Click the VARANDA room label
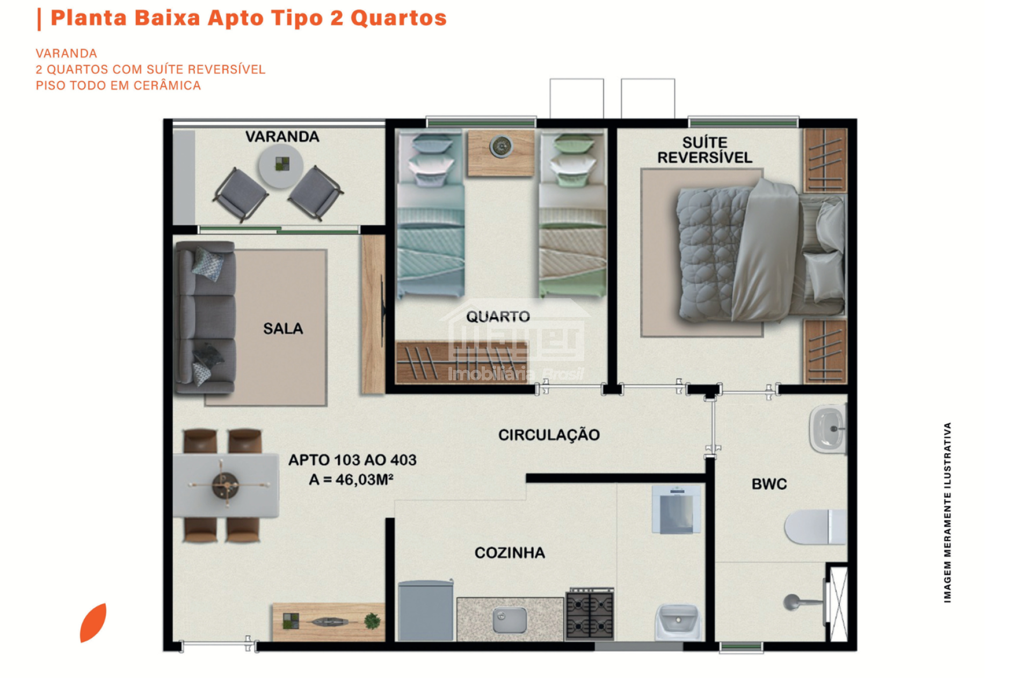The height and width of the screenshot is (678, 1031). coord(282,137)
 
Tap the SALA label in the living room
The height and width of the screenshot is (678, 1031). coord(283,328)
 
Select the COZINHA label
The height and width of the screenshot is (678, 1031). coord(510,552)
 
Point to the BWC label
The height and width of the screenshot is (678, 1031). coord(769,484)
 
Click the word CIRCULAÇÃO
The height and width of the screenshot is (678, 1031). coord(549,434)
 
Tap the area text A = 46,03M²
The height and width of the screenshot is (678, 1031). coord(351,480)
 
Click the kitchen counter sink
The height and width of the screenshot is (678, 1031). coord(510,621)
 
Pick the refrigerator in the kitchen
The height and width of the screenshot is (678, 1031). coord(426,610)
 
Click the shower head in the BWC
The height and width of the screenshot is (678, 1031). coord(792,602)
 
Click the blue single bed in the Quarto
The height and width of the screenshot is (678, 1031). coord(430,214)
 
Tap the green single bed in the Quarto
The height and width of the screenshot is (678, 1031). coord(573,214)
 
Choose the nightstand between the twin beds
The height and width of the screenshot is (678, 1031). coord(501,153)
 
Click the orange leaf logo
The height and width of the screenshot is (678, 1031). coord(93,622)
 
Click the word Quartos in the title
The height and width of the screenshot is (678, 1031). coord(398,18)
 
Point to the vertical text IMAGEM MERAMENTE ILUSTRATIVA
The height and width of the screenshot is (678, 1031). coord(947,512)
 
